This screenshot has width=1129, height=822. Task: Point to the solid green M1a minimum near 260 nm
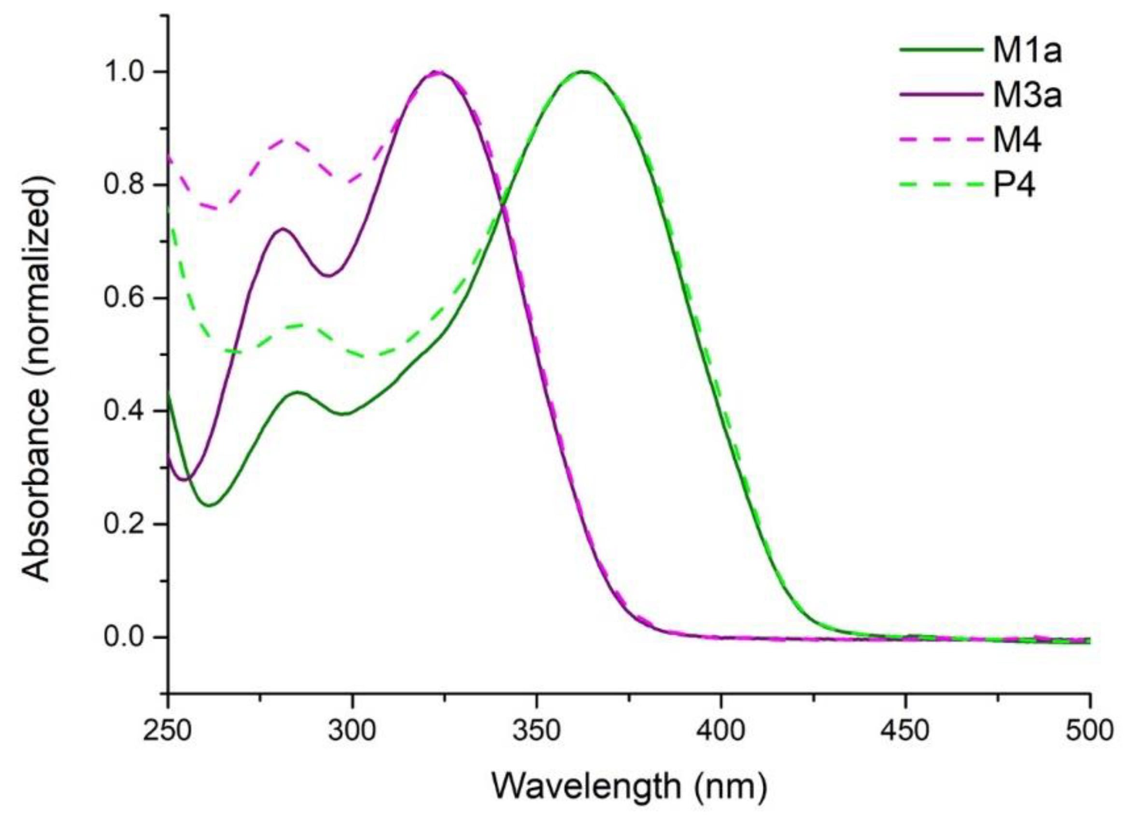[210, 505]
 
